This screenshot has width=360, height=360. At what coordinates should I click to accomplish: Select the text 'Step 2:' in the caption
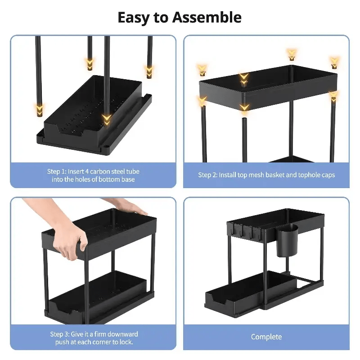coord(207,175)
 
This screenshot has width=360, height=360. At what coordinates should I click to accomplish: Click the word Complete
coord(266,337)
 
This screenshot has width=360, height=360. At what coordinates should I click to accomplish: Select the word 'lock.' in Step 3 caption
coord(125,342)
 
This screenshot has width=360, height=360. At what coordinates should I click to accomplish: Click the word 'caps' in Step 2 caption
coord(328,175)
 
